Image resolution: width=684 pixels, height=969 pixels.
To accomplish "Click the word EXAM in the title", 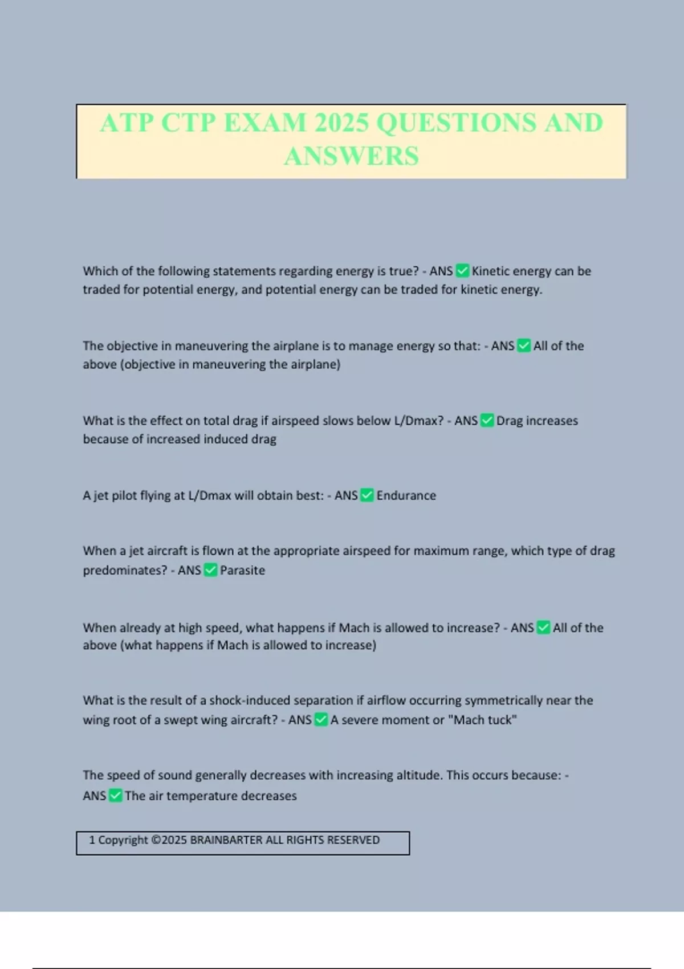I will pos(265,123).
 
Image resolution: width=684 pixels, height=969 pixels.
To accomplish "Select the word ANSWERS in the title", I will pos(351,156).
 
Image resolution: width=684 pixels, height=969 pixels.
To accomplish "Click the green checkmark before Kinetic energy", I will pos(463,271).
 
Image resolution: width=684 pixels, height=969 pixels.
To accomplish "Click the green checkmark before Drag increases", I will pos(487,421).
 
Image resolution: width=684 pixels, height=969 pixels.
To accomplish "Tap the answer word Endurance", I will pos(406,495).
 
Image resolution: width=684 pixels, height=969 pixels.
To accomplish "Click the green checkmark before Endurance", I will pos(368,495).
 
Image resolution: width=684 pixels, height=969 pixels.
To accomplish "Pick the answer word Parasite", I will pos(242,570).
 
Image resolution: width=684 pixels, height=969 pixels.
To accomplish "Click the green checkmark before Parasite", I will pos(211,570).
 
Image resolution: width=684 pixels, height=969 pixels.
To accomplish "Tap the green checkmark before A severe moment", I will pos(321,720).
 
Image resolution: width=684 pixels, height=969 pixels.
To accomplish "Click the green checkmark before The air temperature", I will pos(116,796).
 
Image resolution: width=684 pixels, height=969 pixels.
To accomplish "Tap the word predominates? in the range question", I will pos(125,570).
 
